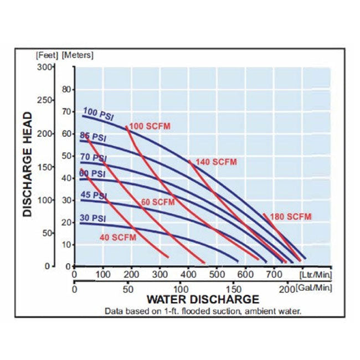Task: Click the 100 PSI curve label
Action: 97,115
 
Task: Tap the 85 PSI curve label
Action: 92,136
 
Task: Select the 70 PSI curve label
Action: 92,158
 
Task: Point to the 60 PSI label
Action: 92,174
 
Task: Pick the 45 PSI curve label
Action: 92,196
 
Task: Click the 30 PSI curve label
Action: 92,218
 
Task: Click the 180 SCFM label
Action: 291,215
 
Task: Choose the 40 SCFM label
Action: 118,238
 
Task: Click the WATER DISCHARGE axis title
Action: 194,300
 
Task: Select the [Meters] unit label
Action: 78,55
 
